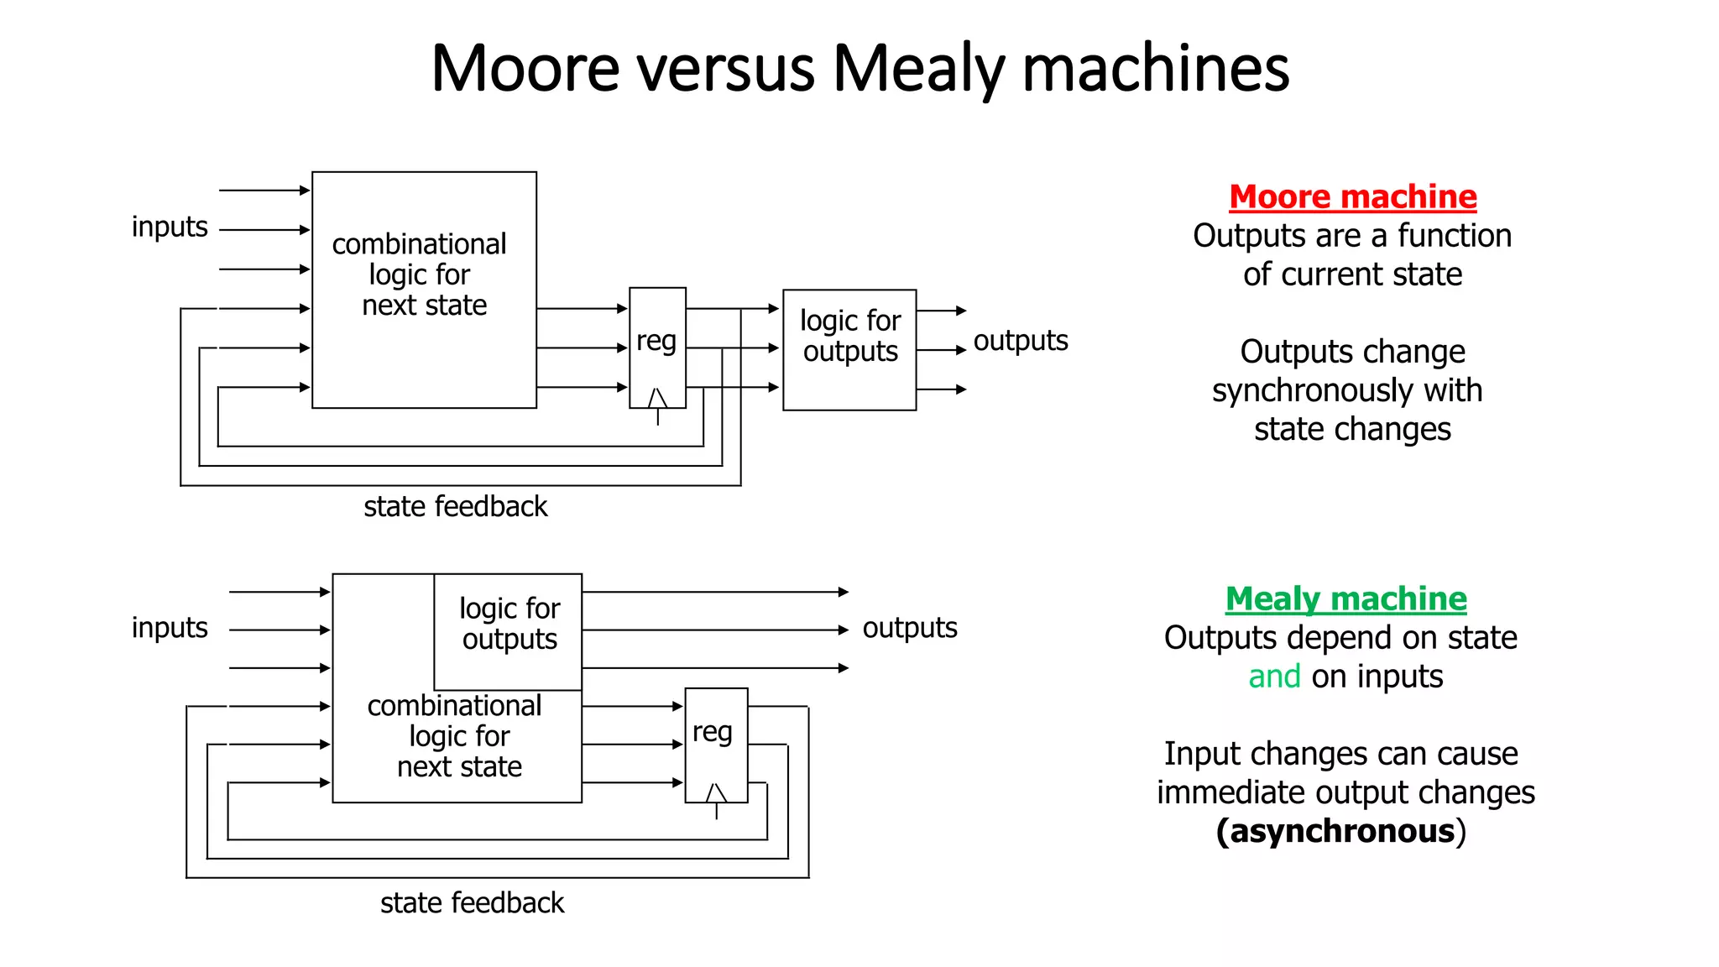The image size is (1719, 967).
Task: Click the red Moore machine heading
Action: coord(1352,197)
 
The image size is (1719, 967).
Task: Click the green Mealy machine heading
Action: coord(1345,599)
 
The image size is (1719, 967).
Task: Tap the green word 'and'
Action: coord(1274,677)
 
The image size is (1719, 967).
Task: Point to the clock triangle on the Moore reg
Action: coord(657,399)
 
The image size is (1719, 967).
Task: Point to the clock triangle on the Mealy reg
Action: coord(716,793)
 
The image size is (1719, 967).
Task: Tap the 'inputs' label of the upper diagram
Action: coord(170,227)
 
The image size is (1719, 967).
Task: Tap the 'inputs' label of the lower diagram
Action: coord(170,628)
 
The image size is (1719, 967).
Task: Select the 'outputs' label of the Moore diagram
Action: coord(1020,341)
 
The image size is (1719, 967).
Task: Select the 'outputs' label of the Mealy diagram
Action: coord(910,628)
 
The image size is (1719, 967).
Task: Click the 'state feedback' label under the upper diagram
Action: coord(455,507)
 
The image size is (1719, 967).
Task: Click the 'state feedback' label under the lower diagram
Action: coord(472,903)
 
